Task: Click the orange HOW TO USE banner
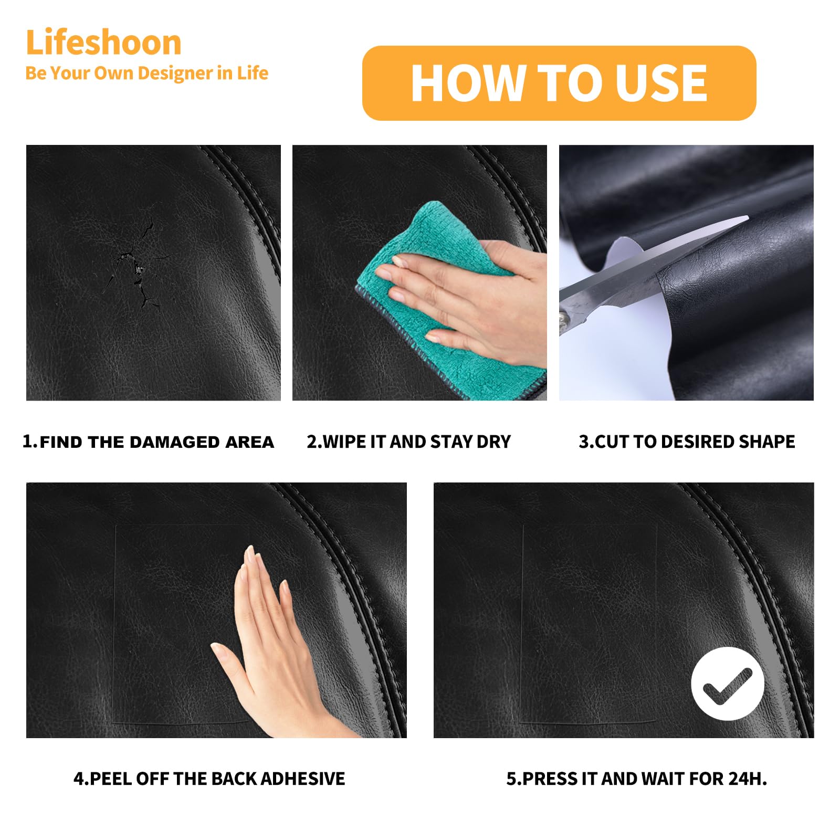coord(559,83)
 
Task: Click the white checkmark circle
coord(728,684)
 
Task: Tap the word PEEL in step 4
coord(111,779)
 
